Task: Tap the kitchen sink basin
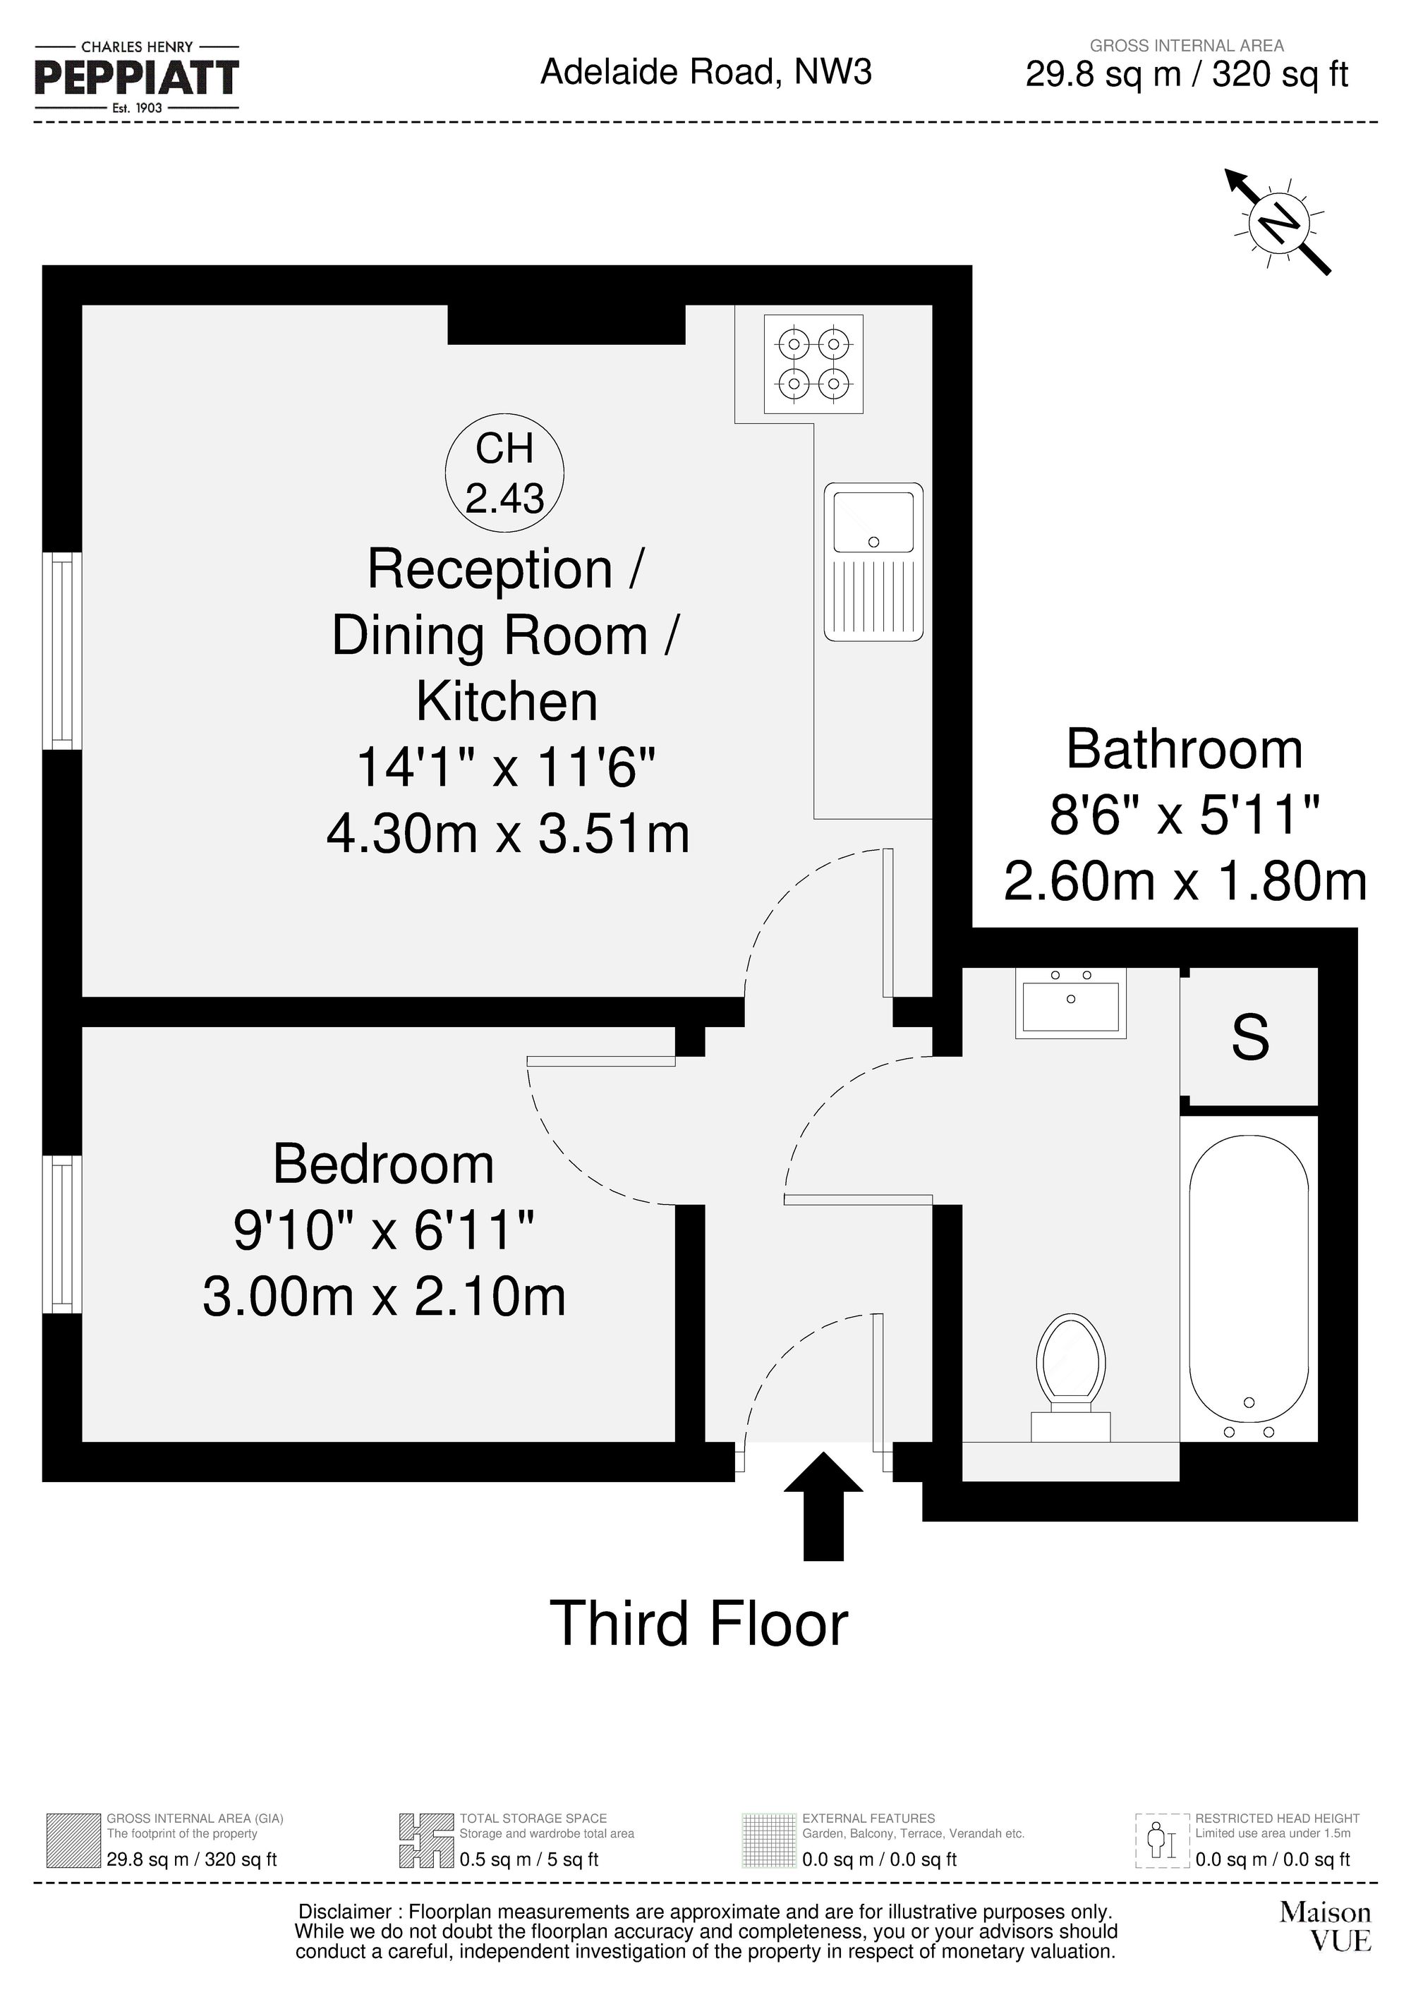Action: [x=873, y=522]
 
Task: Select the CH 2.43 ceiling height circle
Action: [x=504, y=473]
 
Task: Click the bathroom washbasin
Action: [x=1070, y=1007]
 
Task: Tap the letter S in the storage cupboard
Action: [x=1250, y=1038]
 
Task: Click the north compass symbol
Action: [x=1279, y=223]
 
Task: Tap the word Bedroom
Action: [x=383, y=1165]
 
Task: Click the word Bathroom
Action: [x=1184, y=750]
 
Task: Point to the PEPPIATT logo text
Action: [x=137, y=78]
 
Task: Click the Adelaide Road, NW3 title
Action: [x=705, y=71]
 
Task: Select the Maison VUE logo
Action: [x=1325, y=1926]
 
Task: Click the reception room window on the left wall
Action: [x=62, y=650]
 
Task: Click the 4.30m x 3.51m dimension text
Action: [x=508, y=833]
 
